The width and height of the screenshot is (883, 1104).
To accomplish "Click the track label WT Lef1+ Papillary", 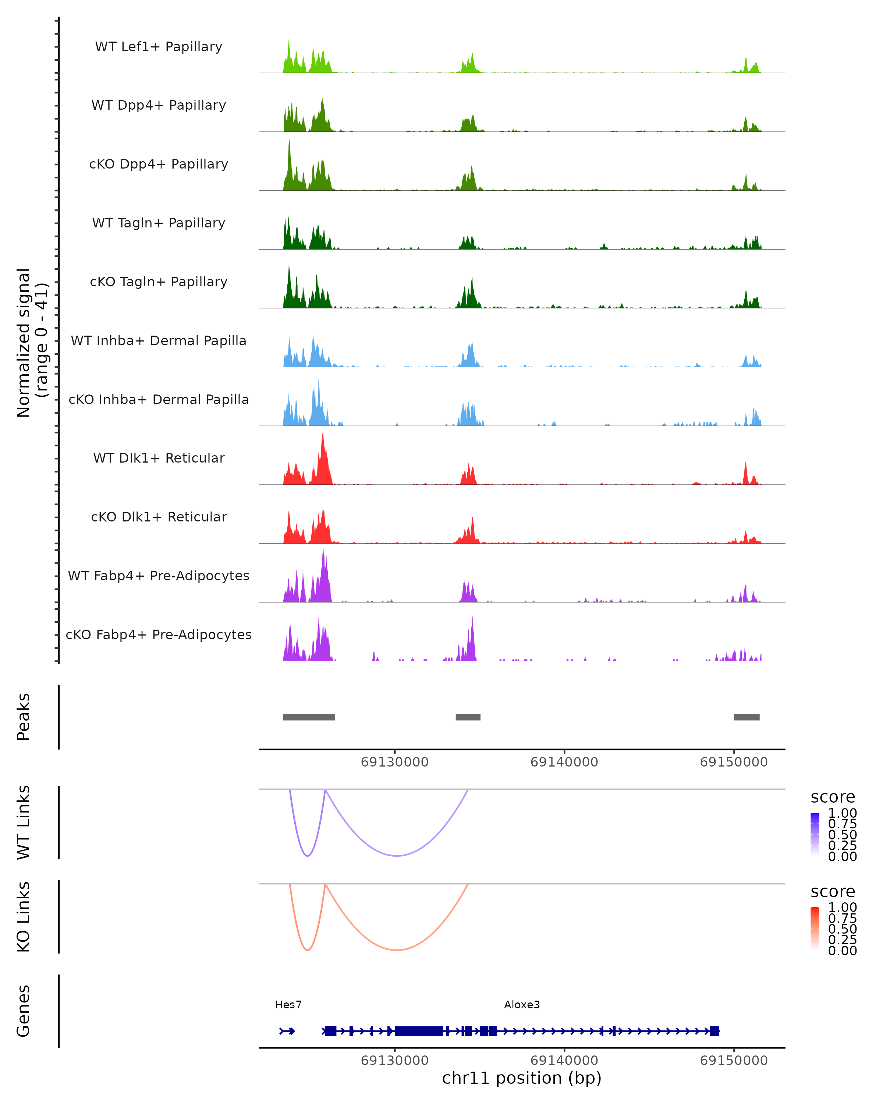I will coord(159,47).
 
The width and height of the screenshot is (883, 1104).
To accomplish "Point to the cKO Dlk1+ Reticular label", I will coord(159,517).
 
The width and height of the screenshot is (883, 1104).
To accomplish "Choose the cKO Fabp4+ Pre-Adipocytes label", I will coord(159,634).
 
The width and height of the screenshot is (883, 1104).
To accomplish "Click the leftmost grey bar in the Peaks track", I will coord(309,717).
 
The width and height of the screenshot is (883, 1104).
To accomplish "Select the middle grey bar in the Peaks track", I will coord(468,717).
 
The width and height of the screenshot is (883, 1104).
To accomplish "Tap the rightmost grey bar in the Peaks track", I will coord(747,717).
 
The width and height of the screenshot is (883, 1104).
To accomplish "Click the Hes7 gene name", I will coord(288,1005).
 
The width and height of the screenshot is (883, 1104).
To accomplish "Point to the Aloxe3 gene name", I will coord(522,1005).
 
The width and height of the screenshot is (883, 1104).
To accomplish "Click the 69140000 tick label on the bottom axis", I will coord(564,1061).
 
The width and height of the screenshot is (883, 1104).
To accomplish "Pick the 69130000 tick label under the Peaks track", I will coord(395,762).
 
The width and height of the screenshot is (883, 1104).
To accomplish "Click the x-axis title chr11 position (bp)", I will coord(522,1078).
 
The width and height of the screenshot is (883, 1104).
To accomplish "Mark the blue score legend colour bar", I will coord(815,834).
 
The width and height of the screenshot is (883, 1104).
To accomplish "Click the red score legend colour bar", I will coord(815,928).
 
